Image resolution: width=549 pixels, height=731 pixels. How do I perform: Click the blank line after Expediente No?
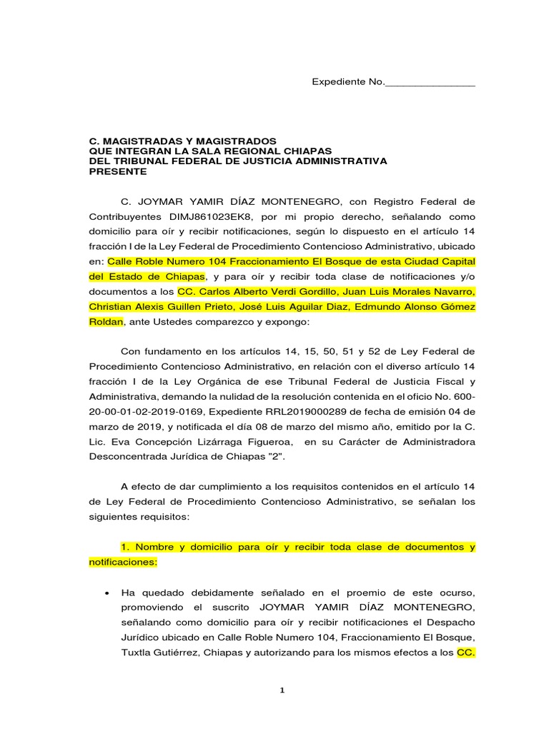point(430,84)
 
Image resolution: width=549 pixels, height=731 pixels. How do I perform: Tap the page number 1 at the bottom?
point(282,690)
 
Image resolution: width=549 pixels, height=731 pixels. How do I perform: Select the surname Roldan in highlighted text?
point(106,322)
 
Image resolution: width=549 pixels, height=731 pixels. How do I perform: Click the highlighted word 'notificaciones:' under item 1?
point(122,563)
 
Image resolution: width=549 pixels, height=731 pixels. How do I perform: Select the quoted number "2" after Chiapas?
point(278,457)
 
